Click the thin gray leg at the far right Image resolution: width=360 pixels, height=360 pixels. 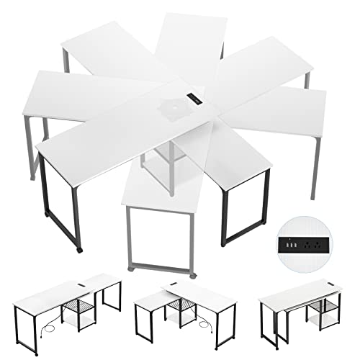coord(314,166)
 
